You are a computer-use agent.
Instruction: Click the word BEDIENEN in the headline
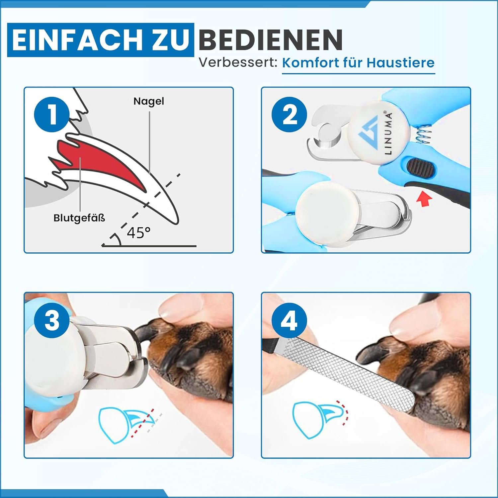(271, 40)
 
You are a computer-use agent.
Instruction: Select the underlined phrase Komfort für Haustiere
(358, 63)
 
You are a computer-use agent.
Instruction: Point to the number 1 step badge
(52, 114)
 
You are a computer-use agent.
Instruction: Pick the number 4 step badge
(289, 320)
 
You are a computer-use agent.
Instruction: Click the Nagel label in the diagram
(149, 101)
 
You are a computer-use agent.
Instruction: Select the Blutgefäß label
(79, 218)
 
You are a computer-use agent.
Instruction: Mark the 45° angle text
(139, 233)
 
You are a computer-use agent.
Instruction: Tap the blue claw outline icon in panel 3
(128, 425)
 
